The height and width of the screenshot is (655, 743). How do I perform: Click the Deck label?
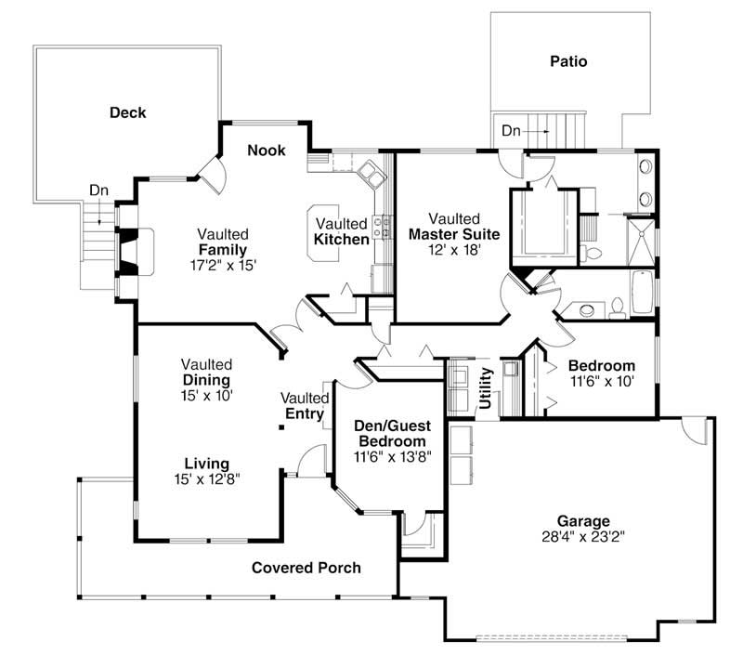click(128, 113)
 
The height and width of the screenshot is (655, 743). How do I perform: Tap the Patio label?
click(567, 62)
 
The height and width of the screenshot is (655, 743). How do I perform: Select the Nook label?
click(267, 151)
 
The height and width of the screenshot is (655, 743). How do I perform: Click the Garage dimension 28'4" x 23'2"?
click(583, 537)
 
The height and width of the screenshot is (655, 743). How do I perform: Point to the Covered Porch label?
click(306, 568)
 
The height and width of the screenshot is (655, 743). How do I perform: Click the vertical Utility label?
click(485, 388)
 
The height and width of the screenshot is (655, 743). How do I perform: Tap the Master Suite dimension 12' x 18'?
click(454, 250)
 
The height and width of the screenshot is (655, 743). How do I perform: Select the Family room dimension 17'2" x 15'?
click(222, 265)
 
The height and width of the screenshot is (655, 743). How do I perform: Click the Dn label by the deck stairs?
click(99, 190)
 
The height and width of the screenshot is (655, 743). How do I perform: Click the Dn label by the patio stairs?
click(512, 131)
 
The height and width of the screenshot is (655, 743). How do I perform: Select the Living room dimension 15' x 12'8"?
click(206, 479)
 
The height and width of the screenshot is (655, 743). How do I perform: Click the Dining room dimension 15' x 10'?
click(206, 395)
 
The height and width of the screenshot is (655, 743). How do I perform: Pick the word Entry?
click(304, 413)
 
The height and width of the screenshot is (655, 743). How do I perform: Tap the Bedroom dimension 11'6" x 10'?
click(601, 381)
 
